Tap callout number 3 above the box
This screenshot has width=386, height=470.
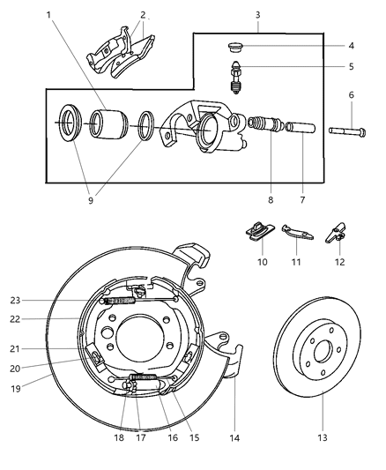257,15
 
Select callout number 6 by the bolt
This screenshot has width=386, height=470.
351,95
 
